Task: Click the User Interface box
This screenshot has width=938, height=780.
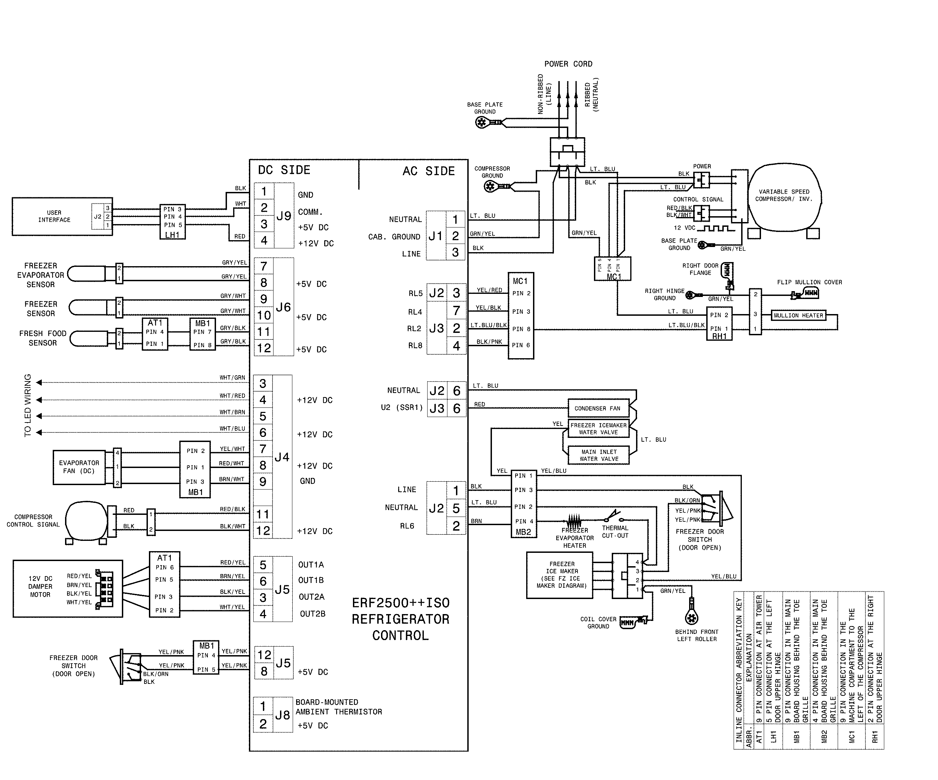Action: tap(54, 217)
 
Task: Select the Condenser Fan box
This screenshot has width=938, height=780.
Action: tap(598, 408)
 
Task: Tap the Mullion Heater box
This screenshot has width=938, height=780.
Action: tap(798, 315)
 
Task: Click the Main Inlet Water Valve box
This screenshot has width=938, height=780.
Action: tap(598, 455)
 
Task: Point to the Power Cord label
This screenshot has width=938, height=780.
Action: tap(568, 64)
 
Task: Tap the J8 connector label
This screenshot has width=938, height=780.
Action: tap(283, 715)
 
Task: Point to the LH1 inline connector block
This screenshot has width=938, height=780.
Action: tap(173, 222)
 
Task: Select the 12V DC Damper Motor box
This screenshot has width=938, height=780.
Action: tap(67, 588)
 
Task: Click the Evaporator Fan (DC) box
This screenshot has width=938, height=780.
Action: tap(79, 467)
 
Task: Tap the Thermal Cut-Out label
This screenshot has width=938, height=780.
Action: tap(615, 532)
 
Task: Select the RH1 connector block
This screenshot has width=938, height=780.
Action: tap(719, 324)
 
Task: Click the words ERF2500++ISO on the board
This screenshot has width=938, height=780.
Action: tap(401, 603)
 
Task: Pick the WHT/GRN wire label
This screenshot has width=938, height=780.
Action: tap(232, 377)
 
